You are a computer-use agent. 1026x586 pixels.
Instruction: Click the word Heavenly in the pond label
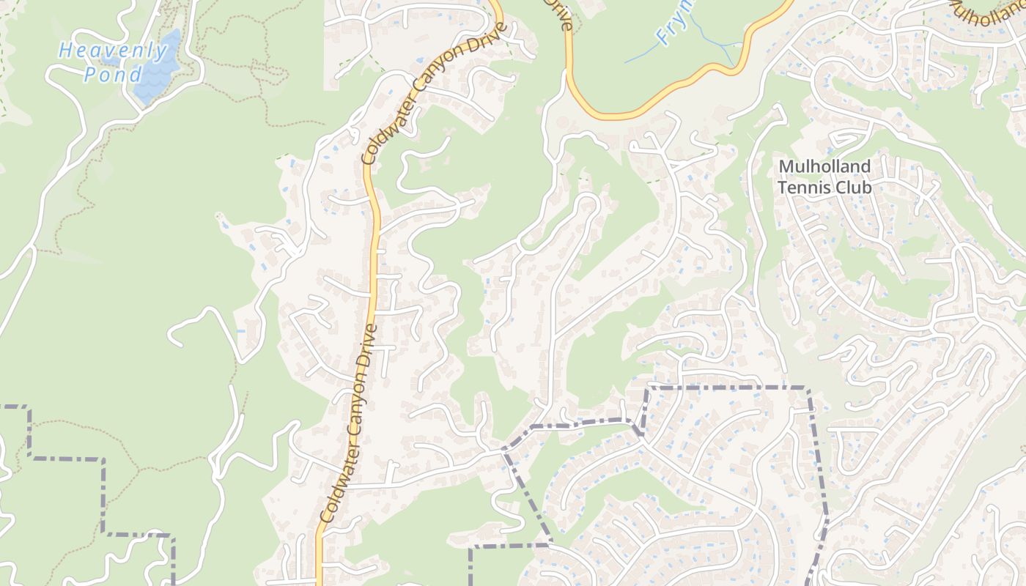coord(114,51)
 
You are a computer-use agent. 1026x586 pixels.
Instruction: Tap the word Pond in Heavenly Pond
coord(113,75)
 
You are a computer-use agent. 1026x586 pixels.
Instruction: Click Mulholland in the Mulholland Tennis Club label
coord(824,167)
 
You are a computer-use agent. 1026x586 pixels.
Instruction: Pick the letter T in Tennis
coord(782,188)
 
